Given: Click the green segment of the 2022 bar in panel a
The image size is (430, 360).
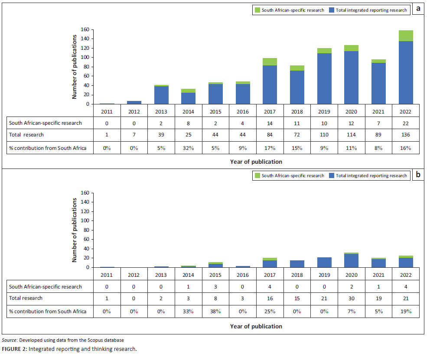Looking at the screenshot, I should pos(406,36).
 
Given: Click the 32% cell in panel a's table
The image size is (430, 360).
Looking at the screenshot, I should pos(189,148).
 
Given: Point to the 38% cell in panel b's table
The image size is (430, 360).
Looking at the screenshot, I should pos(215,311).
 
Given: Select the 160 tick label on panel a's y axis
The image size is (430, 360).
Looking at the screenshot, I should pos(85,29).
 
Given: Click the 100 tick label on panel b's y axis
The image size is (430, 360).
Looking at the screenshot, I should pos(85,221).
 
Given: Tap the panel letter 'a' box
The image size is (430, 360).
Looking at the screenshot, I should pos(418,9).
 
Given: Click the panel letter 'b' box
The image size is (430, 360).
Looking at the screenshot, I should pos(418,175).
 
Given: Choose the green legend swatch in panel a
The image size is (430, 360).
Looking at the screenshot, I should pos(257,10).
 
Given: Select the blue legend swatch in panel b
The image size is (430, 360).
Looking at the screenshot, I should pos(332,175).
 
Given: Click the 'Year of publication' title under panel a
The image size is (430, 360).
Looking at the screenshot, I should pos(256,162).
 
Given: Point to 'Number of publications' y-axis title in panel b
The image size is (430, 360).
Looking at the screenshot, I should pos(74,230).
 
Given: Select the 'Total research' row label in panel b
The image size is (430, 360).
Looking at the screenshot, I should pos(26,298).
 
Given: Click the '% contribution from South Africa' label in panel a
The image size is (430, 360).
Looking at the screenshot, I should pos(48,148).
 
